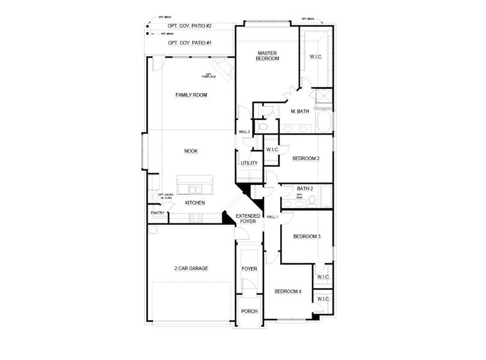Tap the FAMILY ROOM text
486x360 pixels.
[191, 95]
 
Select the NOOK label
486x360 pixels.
[191, 151]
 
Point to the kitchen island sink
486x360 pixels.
[195, 190]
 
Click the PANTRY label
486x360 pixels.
[157, 213]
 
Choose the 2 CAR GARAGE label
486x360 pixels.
[191, 268]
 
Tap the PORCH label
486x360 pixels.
[249, 311]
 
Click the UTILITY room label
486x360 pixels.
[249, 163]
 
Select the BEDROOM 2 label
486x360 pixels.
[305, 158]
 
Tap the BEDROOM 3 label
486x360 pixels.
[307, 236]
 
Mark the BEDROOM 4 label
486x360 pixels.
[288, 292]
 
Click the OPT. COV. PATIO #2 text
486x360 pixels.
[190, 26]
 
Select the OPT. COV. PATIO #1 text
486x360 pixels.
[190, 43]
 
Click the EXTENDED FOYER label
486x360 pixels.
[248, 218]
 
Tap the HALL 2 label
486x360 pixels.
[244, 131]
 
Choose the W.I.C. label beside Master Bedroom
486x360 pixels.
[316, 56]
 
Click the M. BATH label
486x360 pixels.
[299, 112]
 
